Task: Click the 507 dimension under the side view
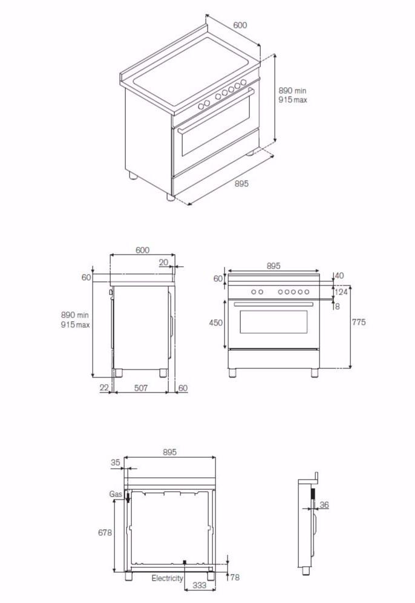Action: tap(141, 388)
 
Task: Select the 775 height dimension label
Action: tap(359, 322)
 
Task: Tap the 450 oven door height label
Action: tap(215, 323)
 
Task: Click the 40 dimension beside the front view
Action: tap(339, 276)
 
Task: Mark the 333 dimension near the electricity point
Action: tap(199, 585)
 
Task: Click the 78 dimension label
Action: tap(235, 578)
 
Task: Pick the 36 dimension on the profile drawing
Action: tap(324, 505)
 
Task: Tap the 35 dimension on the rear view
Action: tap(116, 463)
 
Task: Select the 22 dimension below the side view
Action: tap(104, 388)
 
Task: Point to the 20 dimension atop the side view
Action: tap(163, 262)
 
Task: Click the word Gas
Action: tap(116, 494)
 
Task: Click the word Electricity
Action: tap(167, 578)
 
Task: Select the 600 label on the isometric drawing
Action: tap(240, 25)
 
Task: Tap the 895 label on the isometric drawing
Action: tap(241, 184)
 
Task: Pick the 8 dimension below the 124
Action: tap(337, 306)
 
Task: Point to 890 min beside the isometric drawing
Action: tap(293, 91)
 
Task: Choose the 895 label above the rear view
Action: tap(169, 452)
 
